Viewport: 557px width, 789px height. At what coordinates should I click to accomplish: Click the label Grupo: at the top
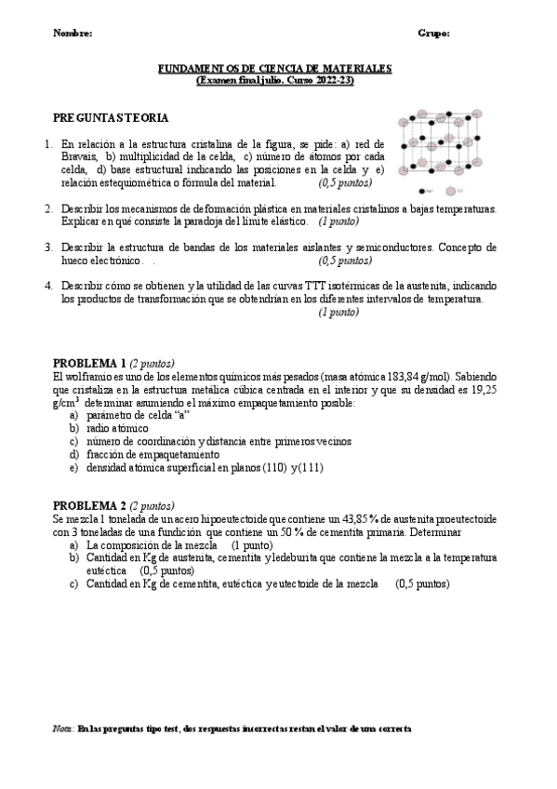click(x=434, y=33)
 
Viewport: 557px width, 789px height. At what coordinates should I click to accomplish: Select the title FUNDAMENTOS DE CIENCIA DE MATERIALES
click(x=274, y=69)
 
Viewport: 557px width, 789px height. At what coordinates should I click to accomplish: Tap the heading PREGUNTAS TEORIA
click(x=111, y=118)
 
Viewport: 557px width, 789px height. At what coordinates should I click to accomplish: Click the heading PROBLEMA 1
click(x=89, y=362)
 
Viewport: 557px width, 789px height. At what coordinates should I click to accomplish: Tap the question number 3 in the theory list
click(x=47, y=247)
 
